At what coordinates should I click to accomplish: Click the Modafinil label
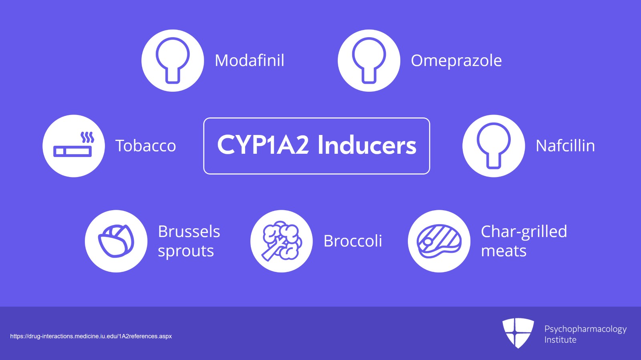(250, 60)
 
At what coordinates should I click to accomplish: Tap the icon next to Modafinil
(173, 60)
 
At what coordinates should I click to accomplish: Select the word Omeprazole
(456, 60)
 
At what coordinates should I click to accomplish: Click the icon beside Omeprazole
(369, 60)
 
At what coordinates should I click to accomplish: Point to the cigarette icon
(73, 151)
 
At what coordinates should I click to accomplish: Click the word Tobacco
(146, 146)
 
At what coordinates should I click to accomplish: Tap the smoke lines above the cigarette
(87, 137)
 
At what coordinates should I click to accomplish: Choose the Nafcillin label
(565, 146)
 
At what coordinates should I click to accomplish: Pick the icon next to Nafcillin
(494, 146)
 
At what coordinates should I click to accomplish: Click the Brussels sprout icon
(116, 241)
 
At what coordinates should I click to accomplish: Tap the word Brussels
(189, 231)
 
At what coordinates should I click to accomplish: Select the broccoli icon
(282, 241)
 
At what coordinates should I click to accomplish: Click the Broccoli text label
(353, 241)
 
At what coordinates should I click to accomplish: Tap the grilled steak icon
(439, 241)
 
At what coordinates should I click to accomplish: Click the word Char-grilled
(524, 231)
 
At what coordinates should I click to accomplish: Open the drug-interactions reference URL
(91, 336)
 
